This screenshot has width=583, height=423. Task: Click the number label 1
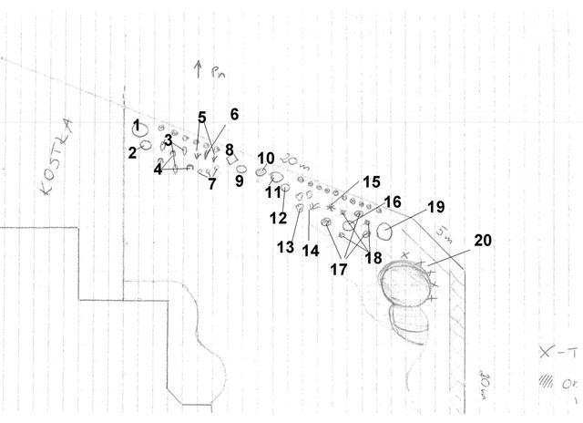[137, 124]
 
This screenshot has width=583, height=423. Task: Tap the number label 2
[132, 152]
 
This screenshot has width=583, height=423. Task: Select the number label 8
[230, 150]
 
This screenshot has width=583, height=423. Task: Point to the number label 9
[239, 180]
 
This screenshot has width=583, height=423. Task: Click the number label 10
[266, 158]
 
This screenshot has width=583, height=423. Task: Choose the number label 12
[279, 217]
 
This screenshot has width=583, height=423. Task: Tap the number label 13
[286, 246]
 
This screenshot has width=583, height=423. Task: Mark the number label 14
[312, 249]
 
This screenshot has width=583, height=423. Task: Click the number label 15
[371, 181]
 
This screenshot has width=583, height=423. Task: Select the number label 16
[393, 201]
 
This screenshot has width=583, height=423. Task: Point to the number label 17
[339, 270]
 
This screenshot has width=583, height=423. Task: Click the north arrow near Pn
[198, 67]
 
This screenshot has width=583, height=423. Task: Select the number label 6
[234, 115]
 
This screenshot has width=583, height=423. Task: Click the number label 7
[211, 183]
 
